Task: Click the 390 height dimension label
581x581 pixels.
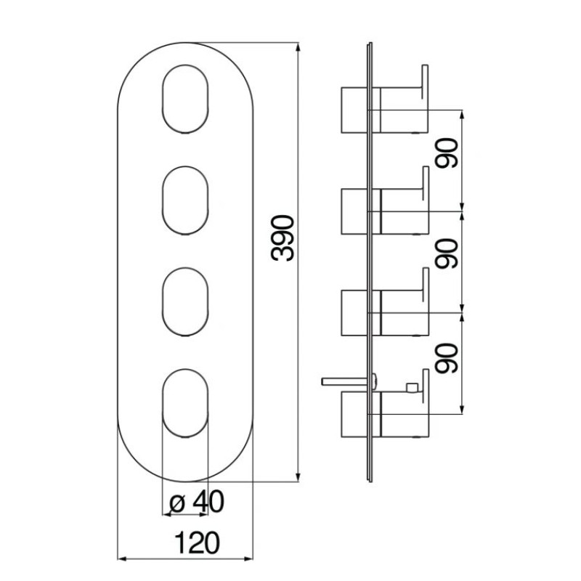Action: [x=282, y=237]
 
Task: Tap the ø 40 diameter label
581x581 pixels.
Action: [x=195, y=501]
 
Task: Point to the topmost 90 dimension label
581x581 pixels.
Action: [x=448, y=153]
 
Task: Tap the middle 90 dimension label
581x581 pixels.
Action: [x=448, y=253]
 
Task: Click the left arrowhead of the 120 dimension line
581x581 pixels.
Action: [x=121, y=559]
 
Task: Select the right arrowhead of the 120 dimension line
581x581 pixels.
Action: [x=251, y=559]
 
